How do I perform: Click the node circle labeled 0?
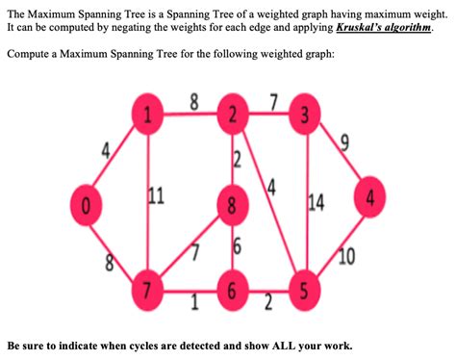pos(86,204)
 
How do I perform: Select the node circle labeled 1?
pos(146,118)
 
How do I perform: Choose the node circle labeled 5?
pos(305,290)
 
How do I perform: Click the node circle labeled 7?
pos(146,290)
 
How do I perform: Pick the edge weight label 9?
pos(343,144)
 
